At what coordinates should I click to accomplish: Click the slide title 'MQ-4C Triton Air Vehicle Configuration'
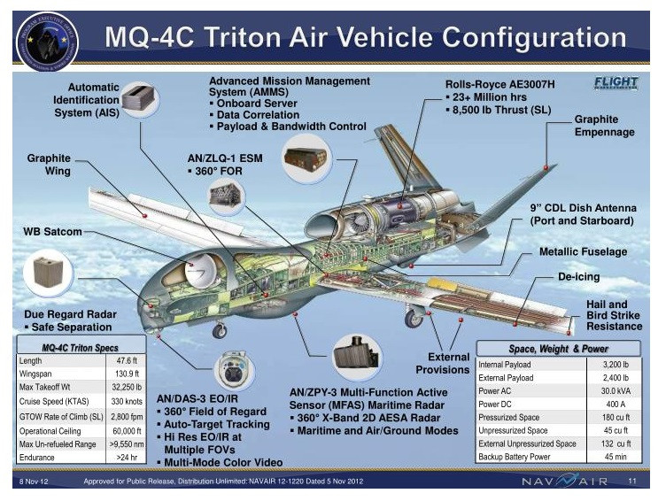pyautogui.click(x=364, y=38)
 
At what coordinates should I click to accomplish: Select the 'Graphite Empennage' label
pyautogui.click(x=604, y=126)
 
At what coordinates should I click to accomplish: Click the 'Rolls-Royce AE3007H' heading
pyautogui.click(x=499, y=84)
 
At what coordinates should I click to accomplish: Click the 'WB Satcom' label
pyautogui.click(x=52, y=232)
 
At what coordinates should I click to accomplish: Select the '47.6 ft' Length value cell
pyautogui.click(x=126, y=361)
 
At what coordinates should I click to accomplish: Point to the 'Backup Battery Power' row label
pyautogui.click(x=515, y=456)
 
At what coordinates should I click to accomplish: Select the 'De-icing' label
pyautogui.click(x=578, y=277)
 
